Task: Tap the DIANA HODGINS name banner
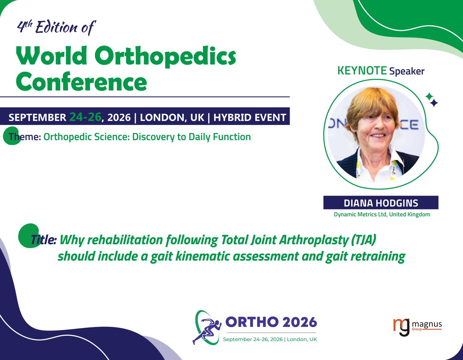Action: [380, 203]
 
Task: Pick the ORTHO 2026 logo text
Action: [270, 321]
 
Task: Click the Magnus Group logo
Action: [417, 326]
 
